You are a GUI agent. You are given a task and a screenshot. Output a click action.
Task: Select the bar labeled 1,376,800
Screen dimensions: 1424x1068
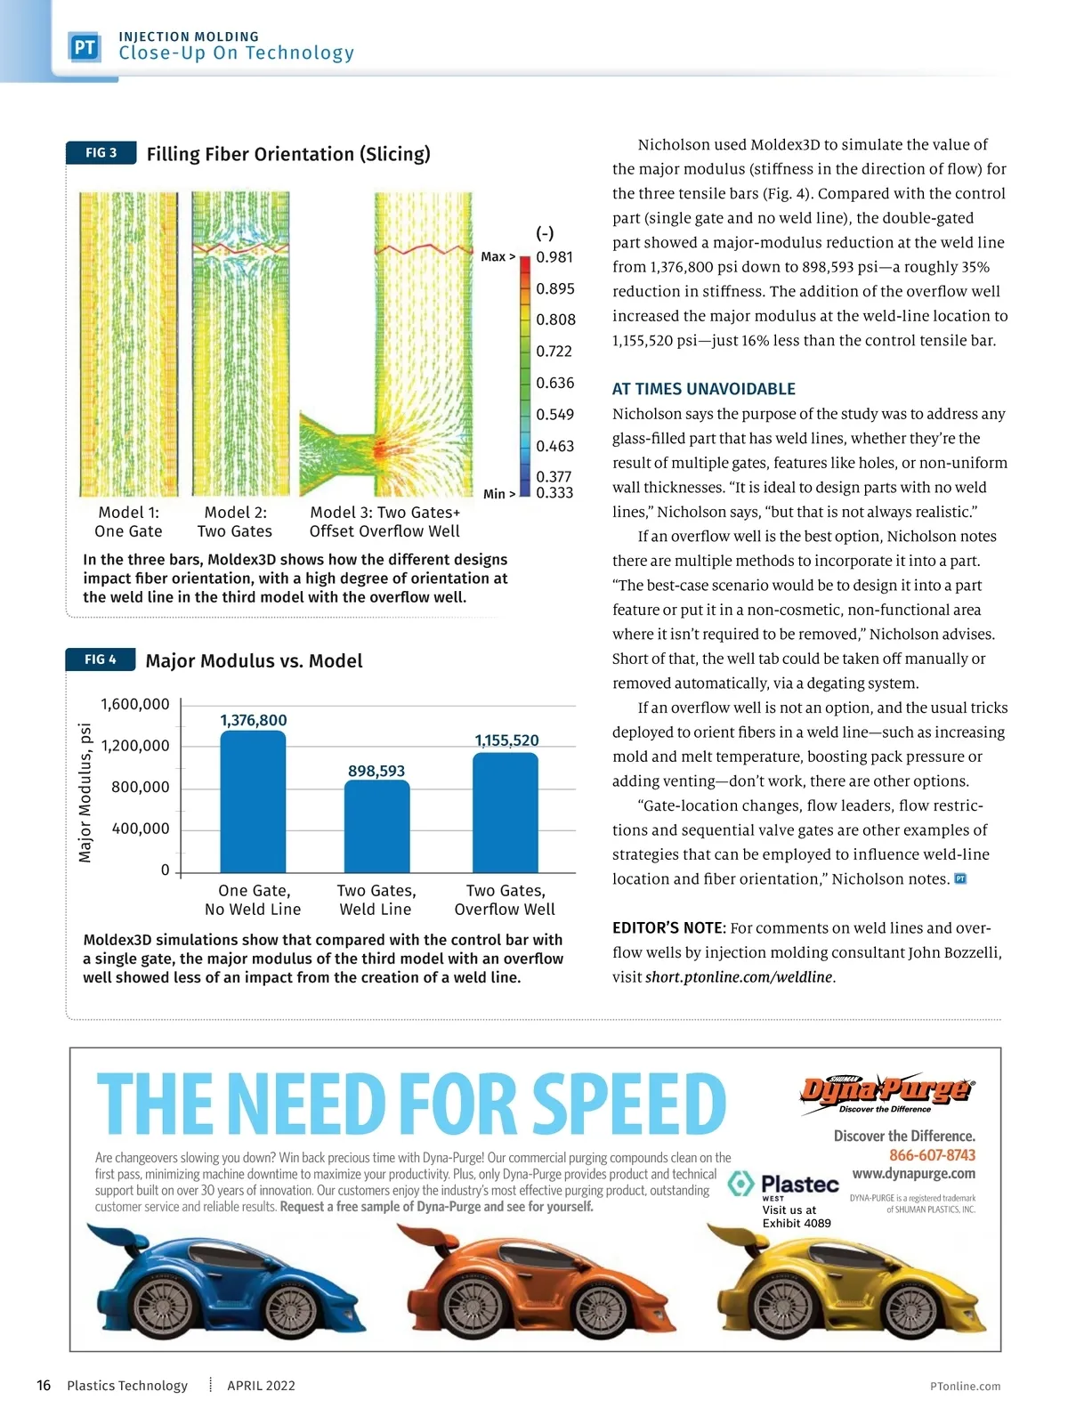(x=253, y=801)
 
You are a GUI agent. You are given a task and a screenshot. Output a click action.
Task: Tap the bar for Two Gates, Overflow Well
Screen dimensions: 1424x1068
(x=505, y=812)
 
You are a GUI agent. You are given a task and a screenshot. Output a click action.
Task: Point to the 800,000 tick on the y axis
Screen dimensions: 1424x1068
(x=140, y=787)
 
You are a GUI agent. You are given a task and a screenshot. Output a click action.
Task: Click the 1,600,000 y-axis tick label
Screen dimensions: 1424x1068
(x=134, y=704)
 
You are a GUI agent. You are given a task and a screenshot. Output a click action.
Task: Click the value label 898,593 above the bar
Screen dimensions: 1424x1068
(x=376, y=771)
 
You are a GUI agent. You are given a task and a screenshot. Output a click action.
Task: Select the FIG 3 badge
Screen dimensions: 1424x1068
(x=101, y=153)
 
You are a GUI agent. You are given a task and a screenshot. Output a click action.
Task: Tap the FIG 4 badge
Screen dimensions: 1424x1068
(x=101, y=659)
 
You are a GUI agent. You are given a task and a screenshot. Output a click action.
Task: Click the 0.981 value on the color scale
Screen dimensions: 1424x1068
(x=554, y=257)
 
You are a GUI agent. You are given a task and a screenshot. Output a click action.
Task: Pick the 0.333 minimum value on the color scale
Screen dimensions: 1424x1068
(x=554, y=493)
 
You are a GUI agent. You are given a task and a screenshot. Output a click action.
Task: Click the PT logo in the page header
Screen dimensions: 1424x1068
(x=85, y=47)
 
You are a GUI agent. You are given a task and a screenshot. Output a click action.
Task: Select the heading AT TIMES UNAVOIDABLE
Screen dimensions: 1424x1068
(x=703, y=389)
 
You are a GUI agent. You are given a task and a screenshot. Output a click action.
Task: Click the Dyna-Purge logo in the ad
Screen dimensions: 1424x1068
(x=886, y=1092)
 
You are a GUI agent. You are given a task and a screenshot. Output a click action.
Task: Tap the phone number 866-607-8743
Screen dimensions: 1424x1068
(x=932, y=1155)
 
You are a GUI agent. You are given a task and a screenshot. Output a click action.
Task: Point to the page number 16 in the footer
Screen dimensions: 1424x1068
(x=44, y=1385)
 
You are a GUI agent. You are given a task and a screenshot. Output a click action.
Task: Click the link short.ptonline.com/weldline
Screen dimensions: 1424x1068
(x=738, y=976)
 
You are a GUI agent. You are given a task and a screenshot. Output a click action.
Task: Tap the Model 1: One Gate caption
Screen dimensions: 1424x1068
(x=128, y=522)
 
